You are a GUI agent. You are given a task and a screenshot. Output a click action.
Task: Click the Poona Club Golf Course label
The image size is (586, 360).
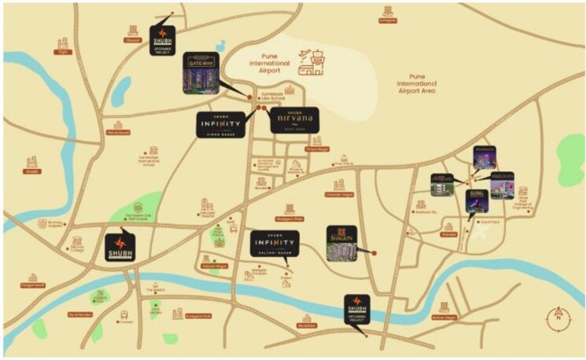click(x=131, y=219)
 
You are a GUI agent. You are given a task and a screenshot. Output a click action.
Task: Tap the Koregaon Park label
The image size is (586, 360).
click(x=195, y=315)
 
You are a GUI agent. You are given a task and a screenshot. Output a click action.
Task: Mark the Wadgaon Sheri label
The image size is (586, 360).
click(x=289, y=218)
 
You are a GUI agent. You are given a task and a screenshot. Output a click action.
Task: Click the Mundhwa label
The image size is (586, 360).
click(x=306, y=325)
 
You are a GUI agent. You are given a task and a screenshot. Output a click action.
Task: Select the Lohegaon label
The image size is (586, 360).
click(x=386, y=21)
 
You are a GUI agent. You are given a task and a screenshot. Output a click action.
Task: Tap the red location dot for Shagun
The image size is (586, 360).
click(x=374, y=253)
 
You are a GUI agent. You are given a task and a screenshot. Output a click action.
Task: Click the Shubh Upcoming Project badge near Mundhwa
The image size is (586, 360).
click(x=356, y=308)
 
